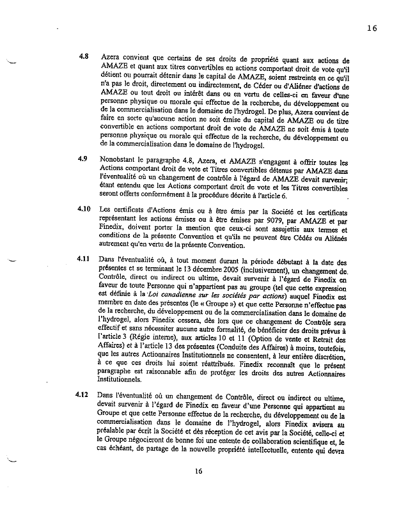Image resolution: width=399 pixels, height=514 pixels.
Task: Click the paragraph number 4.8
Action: [x=83, y=56]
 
